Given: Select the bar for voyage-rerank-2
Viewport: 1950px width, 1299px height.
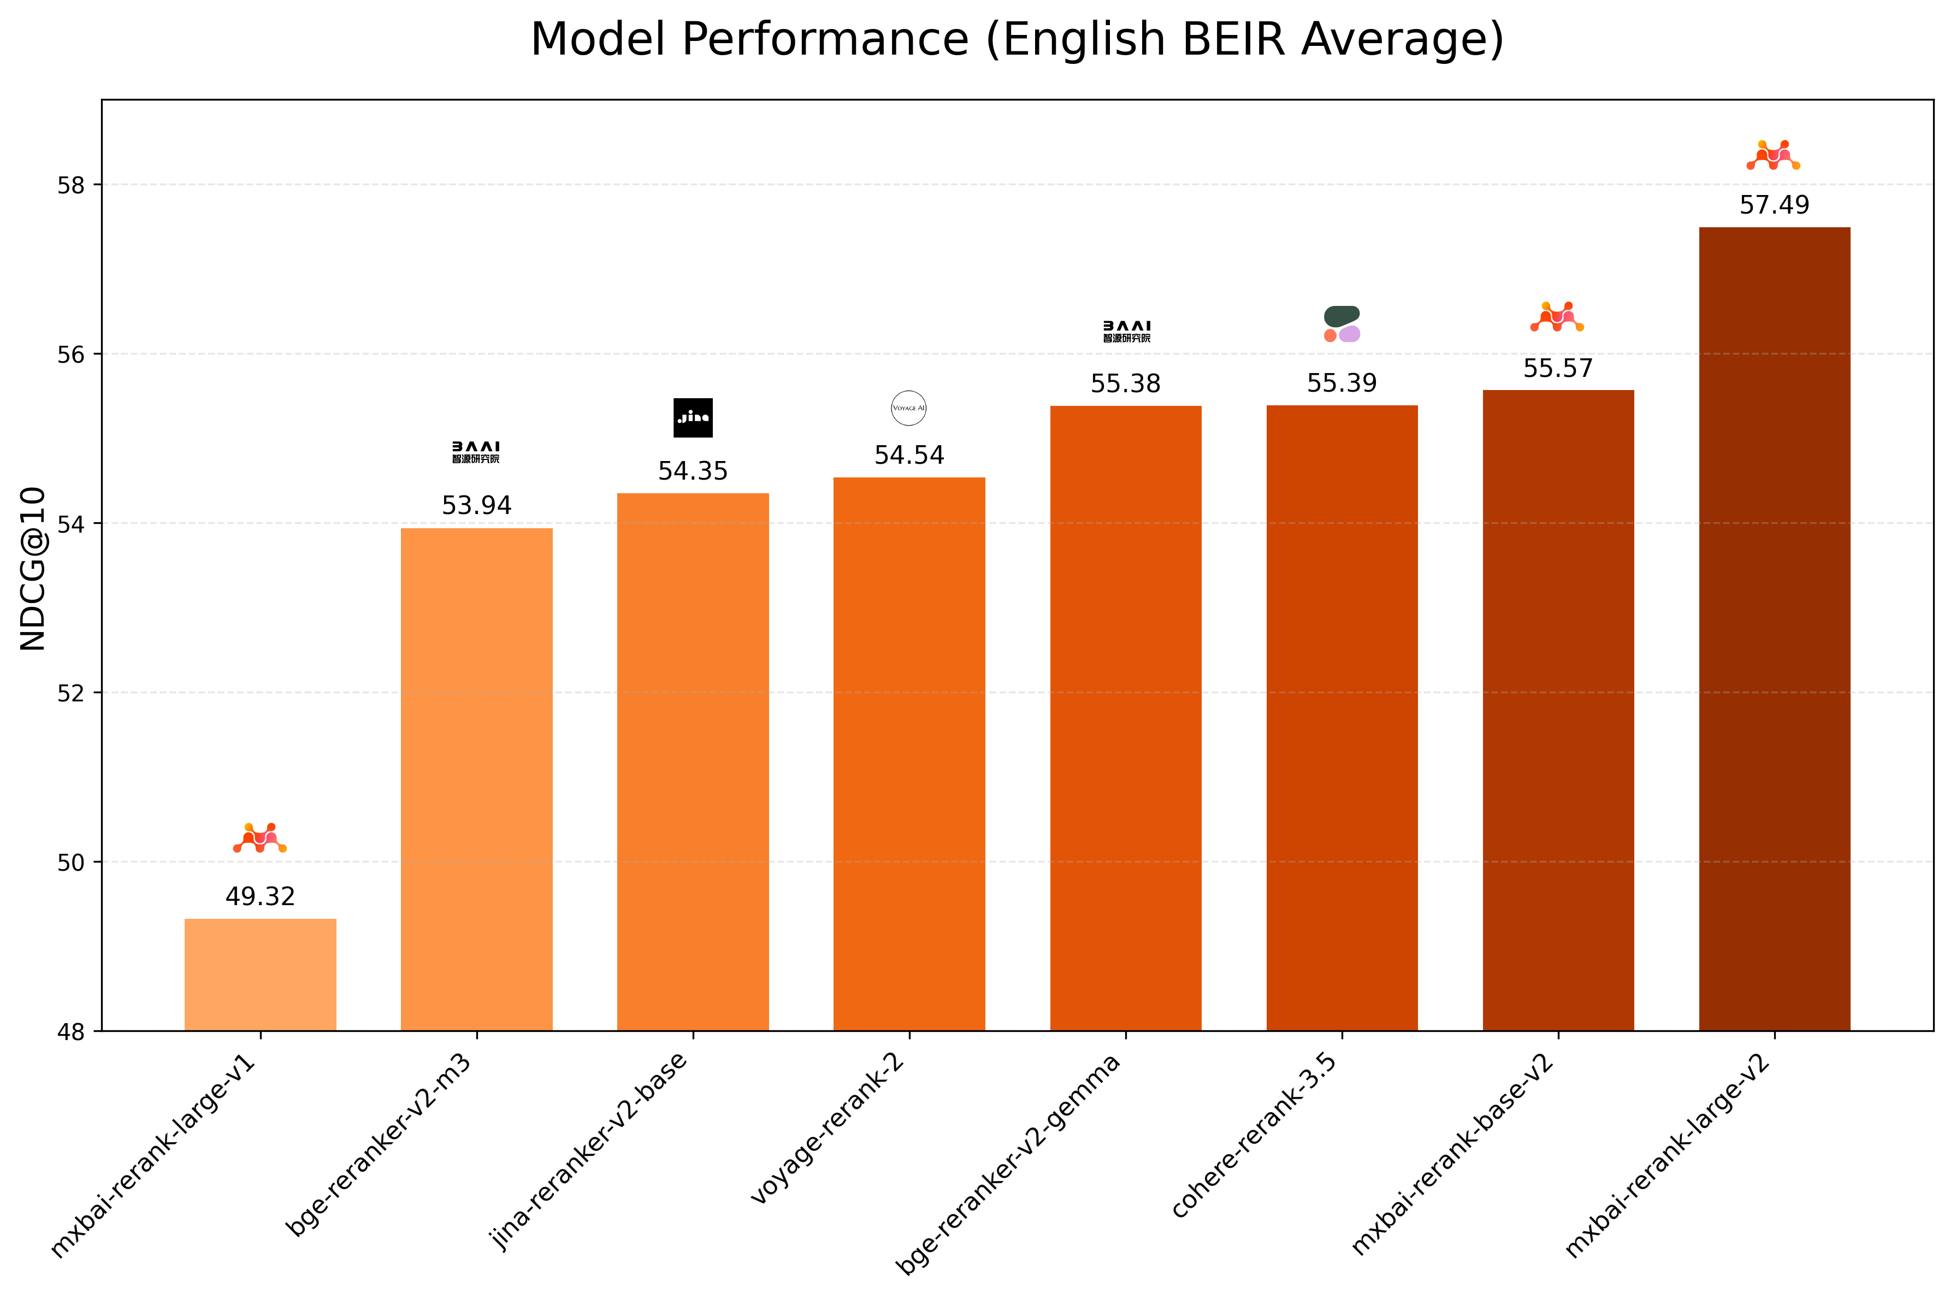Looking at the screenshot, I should (x=909, y=754).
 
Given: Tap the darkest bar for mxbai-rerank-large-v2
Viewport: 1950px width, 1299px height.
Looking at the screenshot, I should (x=1774, y=630).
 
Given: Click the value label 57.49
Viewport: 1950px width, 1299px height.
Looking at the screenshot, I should (x=1774, y=205).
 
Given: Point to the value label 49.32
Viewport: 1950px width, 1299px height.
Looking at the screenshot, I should (x=260, y=896).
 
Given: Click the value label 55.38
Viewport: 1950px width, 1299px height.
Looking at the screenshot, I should (x=1125, y=383).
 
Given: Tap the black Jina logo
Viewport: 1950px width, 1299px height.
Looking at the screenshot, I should (x=693, y=417).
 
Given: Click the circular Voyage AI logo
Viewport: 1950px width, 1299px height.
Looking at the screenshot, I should (x=909, y=408).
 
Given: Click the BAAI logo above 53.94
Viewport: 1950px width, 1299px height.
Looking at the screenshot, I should (x=476, y=452).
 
